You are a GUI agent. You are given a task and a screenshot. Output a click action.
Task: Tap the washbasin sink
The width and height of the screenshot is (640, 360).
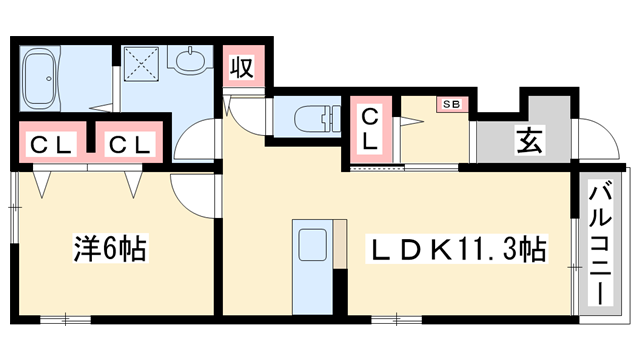[190, 62]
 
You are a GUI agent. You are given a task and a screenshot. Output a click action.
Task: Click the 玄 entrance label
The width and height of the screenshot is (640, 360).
[529, 141]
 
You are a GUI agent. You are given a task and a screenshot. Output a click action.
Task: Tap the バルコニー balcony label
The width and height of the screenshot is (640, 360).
[601, 243]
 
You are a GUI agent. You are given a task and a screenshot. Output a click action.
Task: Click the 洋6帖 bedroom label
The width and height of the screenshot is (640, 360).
[110, 248]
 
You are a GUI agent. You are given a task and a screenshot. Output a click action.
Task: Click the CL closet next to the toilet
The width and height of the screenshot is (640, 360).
[369, 130]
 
